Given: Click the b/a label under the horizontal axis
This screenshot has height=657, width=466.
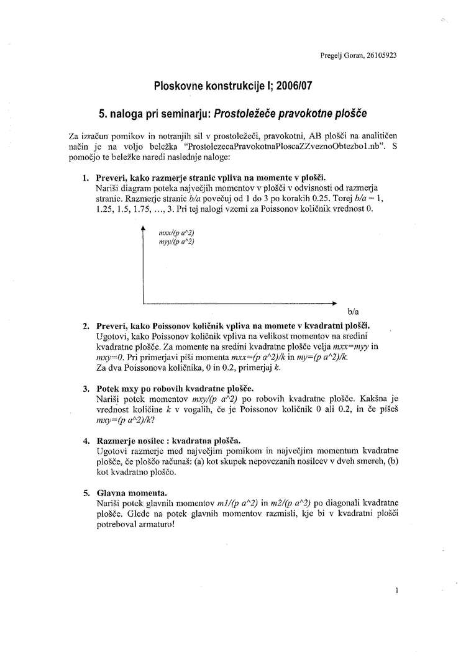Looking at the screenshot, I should (354, 310).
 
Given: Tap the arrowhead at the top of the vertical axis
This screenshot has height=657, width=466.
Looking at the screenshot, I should (144, 230).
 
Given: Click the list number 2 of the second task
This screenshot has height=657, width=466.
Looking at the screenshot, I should (85, 325).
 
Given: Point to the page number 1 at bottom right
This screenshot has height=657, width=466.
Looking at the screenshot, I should (396, 592).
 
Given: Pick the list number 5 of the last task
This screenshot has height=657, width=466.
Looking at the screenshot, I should (85, 493).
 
